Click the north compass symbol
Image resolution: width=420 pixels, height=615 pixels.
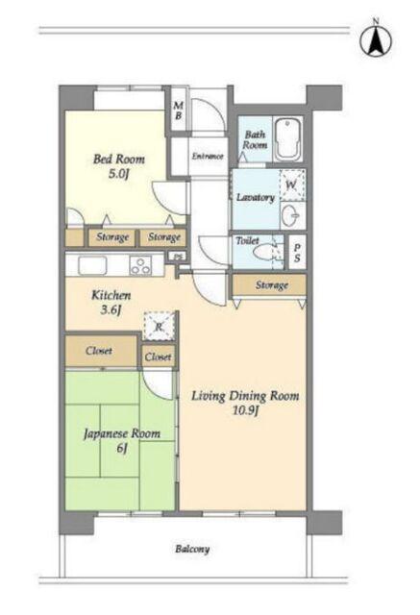point(376,40)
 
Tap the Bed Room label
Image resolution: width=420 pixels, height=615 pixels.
point(119,160)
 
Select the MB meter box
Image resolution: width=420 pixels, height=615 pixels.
point(179,111)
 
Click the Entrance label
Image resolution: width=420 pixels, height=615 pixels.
point(208,156)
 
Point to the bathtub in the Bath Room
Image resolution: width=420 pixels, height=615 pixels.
point(288,138)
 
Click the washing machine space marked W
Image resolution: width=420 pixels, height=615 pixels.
point(292,185)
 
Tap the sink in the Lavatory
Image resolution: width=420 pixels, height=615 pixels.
point(291,215)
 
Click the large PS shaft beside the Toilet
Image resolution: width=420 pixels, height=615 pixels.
point(297,252)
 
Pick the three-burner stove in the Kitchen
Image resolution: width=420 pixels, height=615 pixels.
point(141,265)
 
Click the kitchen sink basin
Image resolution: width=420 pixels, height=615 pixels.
point(92,265)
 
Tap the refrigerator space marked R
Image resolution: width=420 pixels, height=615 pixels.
point(159,326)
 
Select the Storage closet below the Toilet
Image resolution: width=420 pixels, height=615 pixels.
point(269,284)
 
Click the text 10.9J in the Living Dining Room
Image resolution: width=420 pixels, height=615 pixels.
point(245,410)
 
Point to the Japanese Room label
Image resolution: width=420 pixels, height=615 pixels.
point(122,433)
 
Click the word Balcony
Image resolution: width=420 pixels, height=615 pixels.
point(192,549)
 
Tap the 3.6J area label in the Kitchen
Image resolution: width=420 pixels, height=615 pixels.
point(111,309)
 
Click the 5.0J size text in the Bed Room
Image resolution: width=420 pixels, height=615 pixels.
point(118,173)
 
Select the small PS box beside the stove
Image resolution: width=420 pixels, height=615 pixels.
point(178,258)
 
